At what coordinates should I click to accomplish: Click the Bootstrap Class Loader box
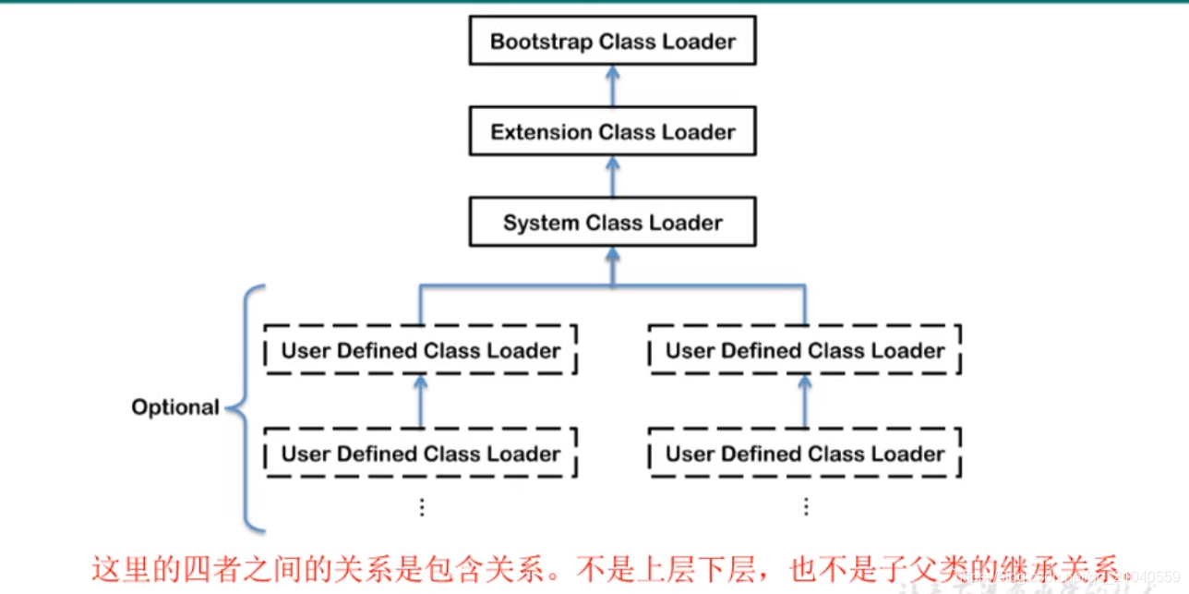coord(612,42)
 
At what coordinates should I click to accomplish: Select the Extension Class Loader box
coord(612,132)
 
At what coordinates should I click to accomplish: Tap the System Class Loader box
coord(612,223)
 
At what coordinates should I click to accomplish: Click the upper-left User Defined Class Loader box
coord(421,351)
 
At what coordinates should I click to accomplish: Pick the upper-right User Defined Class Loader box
coord(805,351)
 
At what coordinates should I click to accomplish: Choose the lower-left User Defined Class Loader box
coord(421,454)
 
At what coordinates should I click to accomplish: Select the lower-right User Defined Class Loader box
coord(805,454)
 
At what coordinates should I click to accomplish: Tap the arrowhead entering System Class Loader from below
coord(612,257)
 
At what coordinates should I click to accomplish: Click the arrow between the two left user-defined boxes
coord(421,402)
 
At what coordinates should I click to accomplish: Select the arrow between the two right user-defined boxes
coord(805,402)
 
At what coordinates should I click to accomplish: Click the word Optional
coord(175,407)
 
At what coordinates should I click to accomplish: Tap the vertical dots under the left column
coord(422,507)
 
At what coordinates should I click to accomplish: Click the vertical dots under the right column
coord(806,507)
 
